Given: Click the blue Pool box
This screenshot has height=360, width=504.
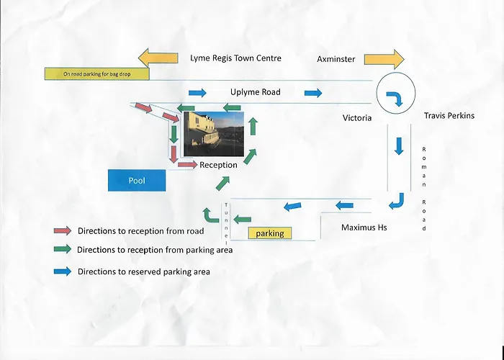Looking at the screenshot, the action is (x=137, y=180).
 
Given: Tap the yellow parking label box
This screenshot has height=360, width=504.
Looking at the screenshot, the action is (x=270, y=233).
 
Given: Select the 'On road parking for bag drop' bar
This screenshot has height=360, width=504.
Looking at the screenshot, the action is (x=96, y=74).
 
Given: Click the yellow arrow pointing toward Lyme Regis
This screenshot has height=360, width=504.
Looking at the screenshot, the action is (x=158, y=58).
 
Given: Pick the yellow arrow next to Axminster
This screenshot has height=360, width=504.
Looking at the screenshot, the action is (x=384, y=60).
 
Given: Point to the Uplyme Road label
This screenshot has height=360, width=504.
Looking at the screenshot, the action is (x=256, y=92).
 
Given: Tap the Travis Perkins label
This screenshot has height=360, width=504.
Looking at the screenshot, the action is (x=449, y=115).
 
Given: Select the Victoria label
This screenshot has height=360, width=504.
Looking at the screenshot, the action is (x=357, y=118).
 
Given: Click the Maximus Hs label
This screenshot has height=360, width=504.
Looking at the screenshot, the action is (x=364, y=228).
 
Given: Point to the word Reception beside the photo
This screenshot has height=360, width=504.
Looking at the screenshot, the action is (x=218, y=165).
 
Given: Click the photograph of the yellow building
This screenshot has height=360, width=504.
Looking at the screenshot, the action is (x=214, y=134).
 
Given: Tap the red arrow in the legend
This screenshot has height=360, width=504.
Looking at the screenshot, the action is (x=63, y=230).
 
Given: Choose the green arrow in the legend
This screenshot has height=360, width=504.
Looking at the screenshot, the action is (x=63, y=249).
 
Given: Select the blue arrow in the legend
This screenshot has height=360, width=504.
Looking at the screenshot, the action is (x=63, y=271).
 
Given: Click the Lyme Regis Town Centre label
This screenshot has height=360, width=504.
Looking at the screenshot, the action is (x=235, y=58).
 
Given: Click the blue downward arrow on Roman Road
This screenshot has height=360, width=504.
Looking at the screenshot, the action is (x=399, y=146).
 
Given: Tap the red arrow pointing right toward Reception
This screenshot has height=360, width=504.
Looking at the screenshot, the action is (x=188, y=165).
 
